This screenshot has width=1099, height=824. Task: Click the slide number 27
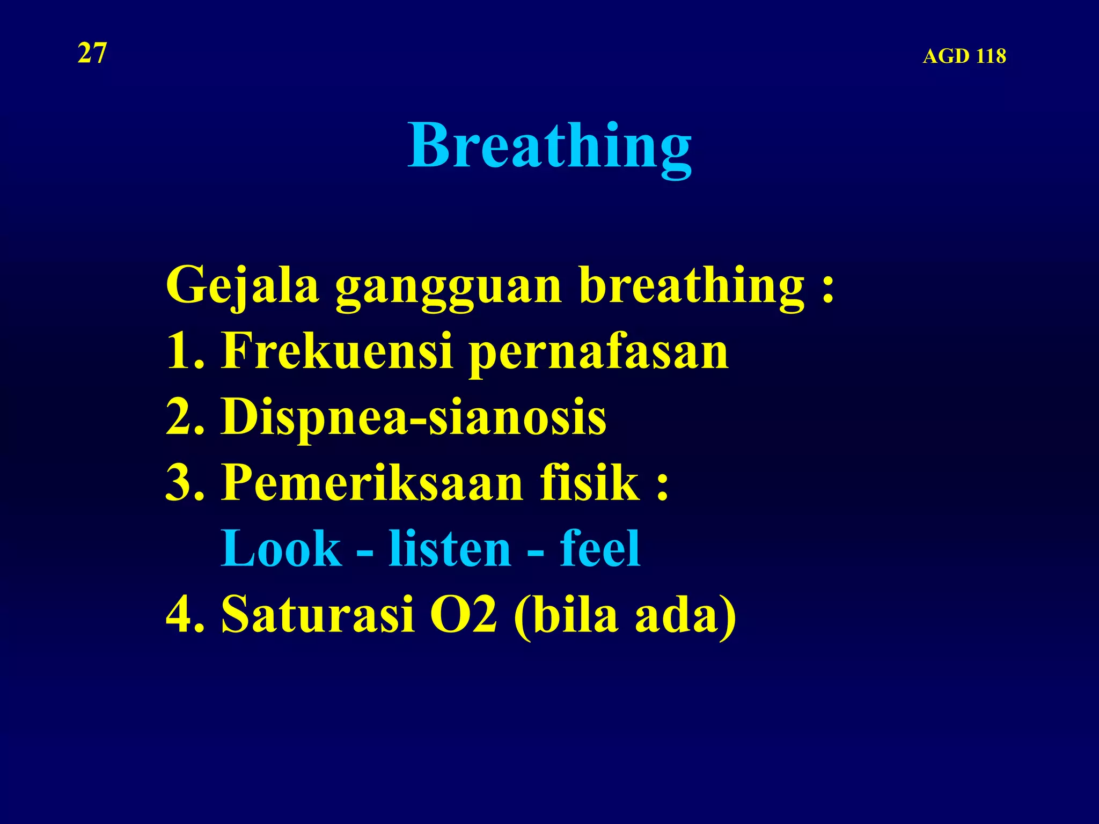point(92,54)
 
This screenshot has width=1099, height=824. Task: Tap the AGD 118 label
point(964,56)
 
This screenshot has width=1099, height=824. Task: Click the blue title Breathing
point(549,146)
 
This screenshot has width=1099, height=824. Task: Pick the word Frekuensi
point(337,351)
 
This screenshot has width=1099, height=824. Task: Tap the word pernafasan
point(599,354)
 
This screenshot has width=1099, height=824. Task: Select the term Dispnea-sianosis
point(413,417)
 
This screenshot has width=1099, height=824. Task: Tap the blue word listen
point(450,548)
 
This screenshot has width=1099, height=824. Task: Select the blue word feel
point(600,548)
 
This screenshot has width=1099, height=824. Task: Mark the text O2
point(464,614)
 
